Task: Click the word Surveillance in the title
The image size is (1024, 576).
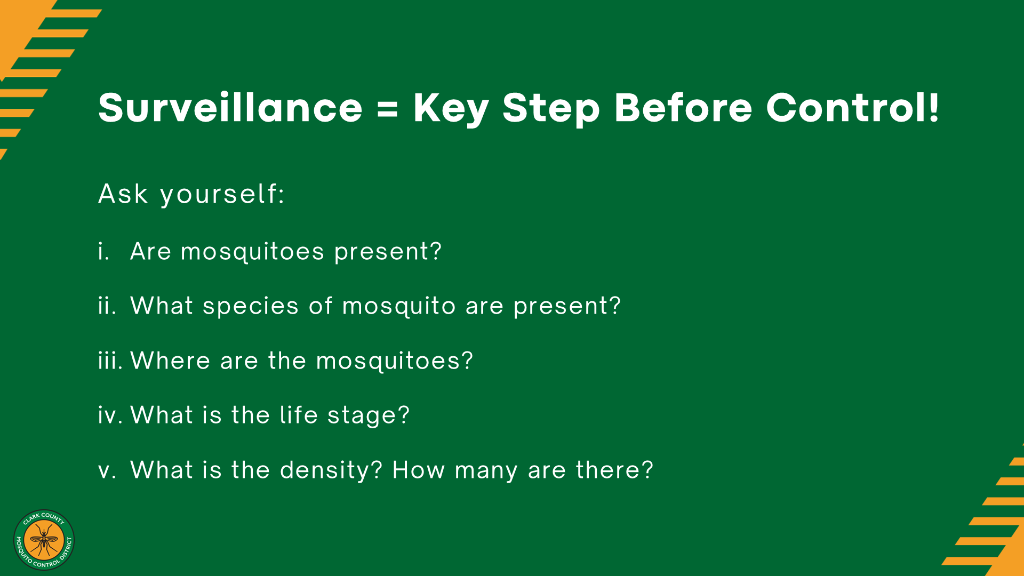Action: pyautogui.click(x=230, y=108)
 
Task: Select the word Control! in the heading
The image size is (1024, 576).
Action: pyautogui.click(x=852, y=108)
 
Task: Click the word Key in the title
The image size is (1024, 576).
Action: pyautogui.click(x=451, y=110)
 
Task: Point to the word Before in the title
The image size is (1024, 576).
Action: pyautogui.click(x=683, y=108)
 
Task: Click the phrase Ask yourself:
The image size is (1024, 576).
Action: pyautogui.click(x=191, y=194)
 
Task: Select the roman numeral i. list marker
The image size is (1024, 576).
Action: pyautogui.click(x=103, y=251)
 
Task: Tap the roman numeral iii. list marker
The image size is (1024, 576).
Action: pyautogui.click(x=110, y=361)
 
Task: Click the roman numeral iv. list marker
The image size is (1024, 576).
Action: pyautogui.click(x=110, y=415)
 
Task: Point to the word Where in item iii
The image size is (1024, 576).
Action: pyautogui.click(x=171, y=361)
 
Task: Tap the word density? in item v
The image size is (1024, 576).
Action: pyautogui.click(x=331, y=471)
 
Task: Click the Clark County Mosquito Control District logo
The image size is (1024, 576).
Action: pyautogui.click(x=44, y=540)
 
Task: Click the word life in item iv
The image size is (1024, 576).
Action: pyautogui.click(x=299, y=415)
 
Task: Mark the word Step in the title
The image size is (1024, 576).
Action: pyautogui.click(x=551, y=109)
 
